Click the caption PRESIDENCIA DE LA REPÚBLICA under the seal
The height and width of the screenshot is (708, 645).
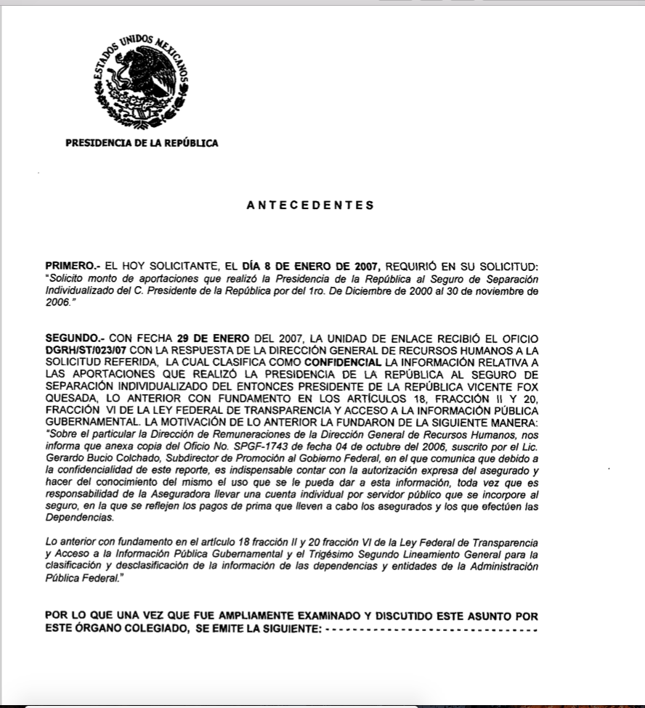coord(142,143)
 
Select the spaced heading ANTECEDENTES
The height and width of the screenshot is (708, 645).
coord(311,206)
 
